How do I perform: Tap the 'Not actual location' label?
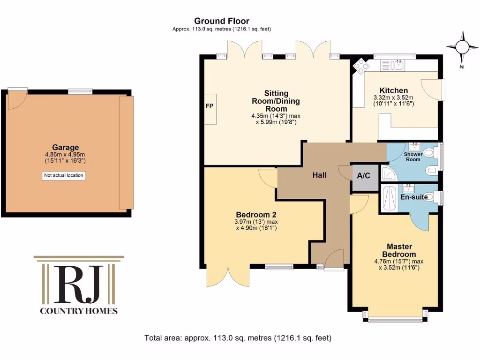pyautogui.click(x=64, y=176)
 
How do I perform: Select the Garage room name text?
pyautogui.click(x=65, y=147)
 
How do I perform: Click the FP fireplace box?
pyautogui.click(x=210, y=106)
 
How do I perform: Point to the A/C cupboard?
pyautogui.click(x=364, y=176)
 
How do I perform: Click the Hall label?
pyautogui.click(x=320, y=175)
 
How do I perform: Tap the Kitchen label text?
pyautogui.click(x=393, y=90)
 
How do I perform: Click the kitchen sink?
pyautogui.click(x=399, y=65)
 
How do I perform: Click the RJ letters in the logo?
pyautogui.click(x=79, y=284)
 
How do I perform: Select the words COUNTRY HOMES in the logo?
pyautogui.click(x=79, y=311)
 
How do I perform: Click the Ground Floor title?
pyautogui.click(x=222, y=21)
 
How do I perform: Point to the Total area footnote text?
pyautogui.click(x=238, y=337)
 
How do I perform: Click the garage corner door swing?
pyautogui.click(x=16, y=99)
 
